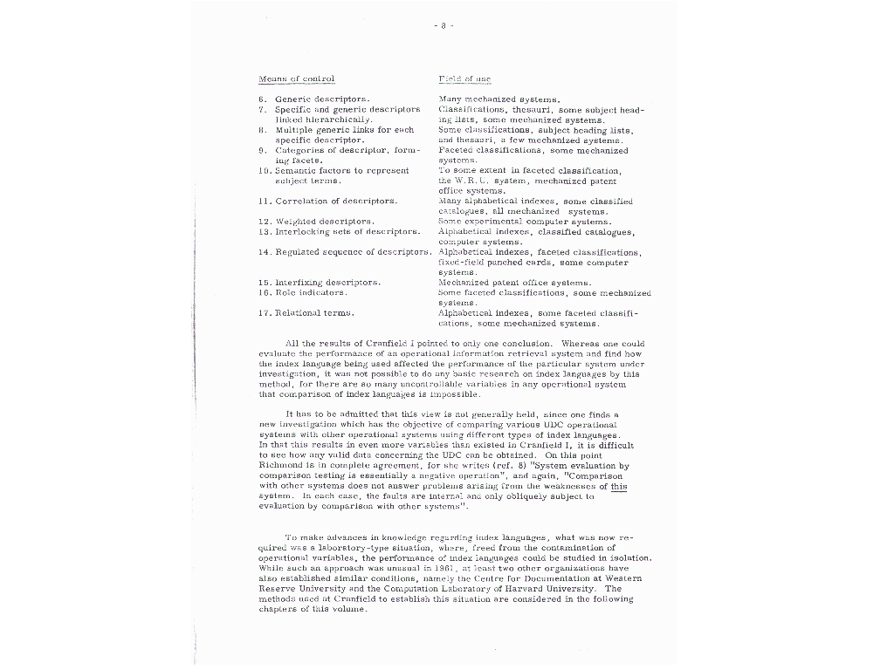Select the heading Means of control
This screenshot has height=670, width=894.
tap(297, 79)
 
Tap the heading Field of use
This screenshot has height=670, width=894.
tap(459, 79)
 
